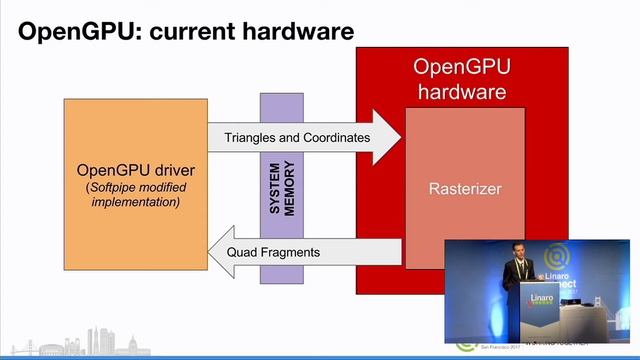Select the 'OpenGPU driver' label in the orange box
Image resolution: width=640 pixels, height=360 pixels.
135,169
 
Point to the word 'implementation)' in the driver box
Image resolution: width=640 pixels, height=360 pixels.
135,202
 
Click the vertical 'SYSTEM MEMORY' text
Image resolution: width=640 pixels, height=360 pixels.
282,189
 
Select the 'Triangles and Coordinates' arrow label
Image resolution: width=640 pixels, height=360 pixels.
297,137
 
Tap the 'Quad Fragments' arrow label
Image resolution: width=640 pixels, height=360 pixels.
273,252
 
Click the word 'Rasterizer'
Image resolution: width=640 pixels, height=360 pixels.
465,187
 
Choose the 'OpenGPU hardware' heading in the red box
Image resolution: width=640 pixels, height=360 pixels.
462,80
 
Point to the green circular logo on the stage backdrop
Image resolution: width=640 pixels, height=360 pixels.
557,256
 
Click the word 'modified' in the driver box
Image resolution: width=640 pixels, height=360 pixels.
162,187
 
